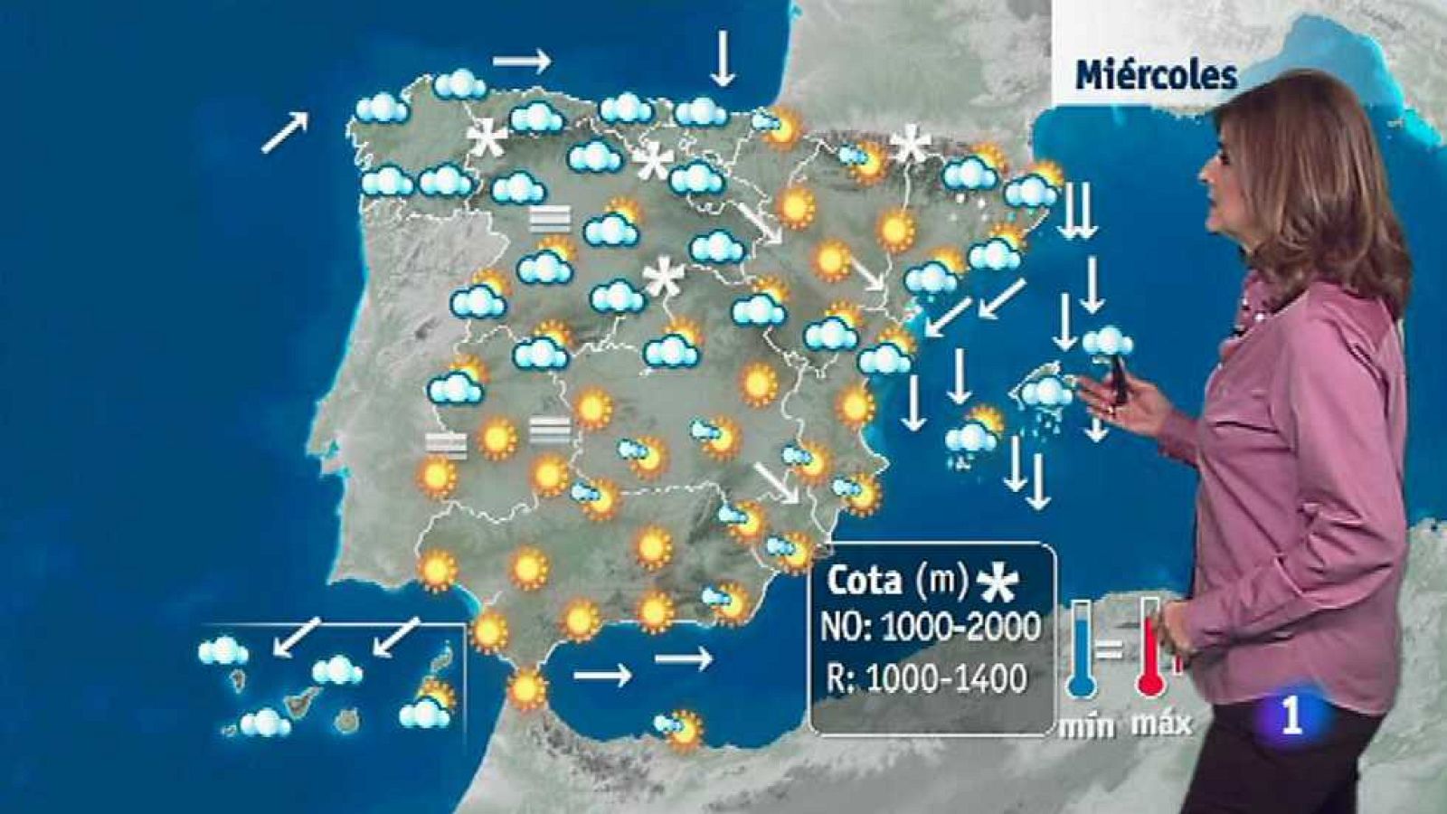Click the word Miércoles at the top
click(x=1155, y=75)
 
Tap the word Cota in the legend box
click(x=864, y=581)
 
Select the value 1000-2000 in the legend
click(x=960, y=627)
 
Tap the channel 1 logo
click(x=1291, y=716)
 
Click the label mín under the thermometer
click(x=1086, y=725)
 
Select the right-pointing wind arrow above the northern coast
click(x=522, y=61)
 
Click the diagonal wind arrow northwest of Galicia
click(x=285, y=132)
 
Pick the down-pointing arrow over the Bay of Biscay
click(x=722, y=58)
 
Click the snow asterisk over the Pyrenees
click(x=910, y=145)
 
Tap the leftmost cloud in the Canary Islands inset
click(x=222, y=650)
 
